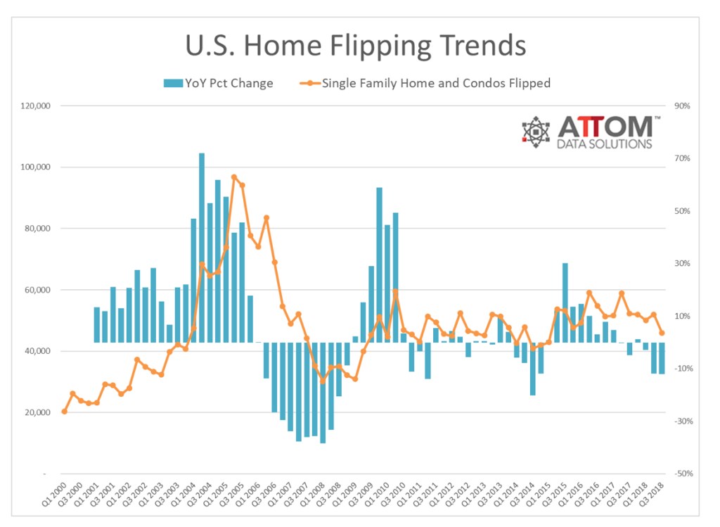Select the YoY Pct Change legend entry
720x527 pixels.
click(218, 83)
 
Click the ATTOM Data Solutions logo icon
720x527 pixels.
click(536, 132)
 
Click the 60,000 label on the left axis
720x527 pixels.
click(38, 290)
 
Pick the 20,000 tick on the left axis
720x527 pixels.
click(38, 412)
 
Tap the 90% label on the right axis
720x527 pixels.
click(682, 106)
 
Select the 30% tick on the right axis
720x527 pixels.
click(682, 264)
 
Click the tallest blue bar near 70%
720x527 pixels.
click(202, 246)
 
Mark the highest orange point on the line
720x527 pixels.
click(234, 177)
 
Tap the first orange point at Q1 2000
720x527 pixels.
click(64, 412)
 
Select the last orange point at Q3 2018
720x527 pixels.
click(662, 333)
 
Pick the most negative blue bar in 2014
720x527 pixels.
click(532, 369)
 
